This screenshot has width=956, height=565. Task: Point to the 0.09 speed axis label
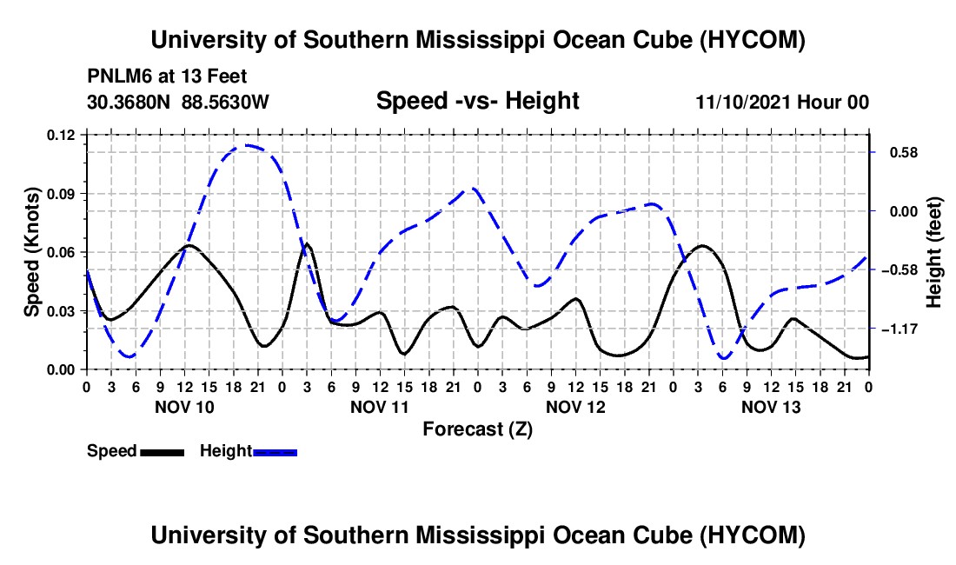[60, 194]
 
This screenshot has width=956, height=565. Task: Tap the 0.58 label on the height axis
[904, 152]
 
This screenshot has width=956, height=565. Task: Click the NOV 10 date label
[184, 407]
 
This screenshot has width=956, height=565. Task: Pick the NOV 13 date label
[771, 407]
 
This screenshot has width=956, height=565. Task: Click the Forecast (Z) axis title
[477, 429]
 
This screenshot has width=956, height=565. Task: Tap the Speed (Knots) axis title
[31, 252]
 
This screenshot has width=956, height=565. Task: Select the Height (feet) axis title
[934, 252]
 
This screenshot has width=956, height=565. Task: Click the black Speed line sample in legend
[163, 452]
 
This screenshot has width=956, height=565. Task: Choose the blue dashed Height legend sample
[275, 452]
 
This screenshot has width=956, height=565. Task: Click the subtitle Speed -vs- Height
[477, 101]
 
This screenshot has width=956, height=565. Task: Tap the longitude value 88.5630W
[225, 102]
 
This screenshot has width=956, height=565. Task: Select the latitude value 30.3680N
[129, 102]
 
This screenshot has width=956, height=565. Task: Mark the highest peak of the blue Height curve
[246, 145]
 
